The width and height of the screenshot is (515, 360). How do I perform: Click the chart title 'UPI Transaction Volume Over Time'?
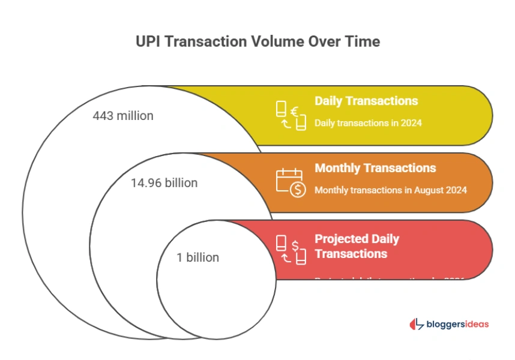(258, 41)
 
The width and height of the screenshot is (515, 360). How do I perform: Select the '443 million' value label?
(123, 116)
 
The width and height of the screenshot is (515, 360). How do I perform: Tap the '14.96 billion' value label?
(164, 183)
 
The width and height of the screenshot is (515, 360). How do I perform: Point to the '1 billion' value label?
(197, 257)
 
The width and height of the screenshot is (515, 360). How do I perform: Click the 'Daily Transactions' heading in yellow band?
(366, 101)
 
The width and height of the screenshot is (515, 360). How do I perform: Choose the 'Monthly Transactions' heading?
(375, 168)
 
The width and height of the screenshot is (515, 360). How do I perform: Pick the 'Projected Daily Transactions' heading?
(357, 246)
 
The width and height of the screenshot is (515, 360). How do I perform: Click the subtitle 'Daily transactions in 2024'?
(368, 123)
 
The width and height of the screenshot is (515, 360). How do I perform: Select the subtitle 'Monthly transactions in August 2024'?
(391, 190)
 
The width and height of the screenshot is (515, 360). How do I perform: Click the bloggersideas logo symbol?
(416, 324)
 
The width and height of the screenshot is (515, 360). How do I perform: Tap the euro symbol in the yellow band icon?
(295, 111)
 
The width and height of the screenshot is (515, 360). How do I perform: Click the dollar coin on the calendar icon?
(297, 190)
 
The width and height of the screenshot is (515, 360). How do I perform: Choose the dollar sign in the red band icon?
(295, 245)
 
